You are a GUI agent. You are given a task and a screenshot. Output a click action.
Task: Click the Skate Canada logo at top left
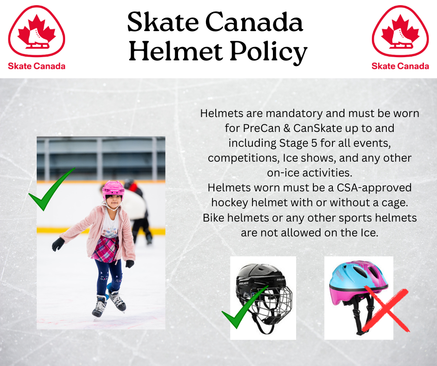click(x=37, y=38)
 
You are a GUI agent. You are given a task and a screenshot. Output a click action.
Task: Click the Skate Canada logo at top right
click(x=400, y=38)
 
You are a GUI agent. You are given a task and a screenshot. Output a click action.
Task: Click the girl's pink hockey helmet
click(x=113, y=190)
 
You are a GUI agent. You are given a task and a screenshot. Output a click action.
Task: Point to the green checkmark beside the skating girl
click(x=52, y=190)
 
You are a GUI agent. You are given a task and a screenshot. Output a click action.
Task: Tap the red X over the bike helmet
click(x=386, y=309)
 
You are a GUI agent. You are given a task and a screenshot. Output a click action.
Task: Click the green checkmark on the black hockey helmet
click(x=245, y=307)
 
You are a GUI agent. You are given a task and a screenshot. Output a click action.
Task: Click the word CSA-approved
click(x=374, y=188)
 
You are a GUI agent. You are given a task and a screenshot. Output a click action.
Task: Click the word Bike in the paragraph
click(x=213, y=217)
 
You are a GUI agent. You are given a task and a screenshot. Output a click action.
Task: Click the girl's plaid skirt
click(x=105, y=249)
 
